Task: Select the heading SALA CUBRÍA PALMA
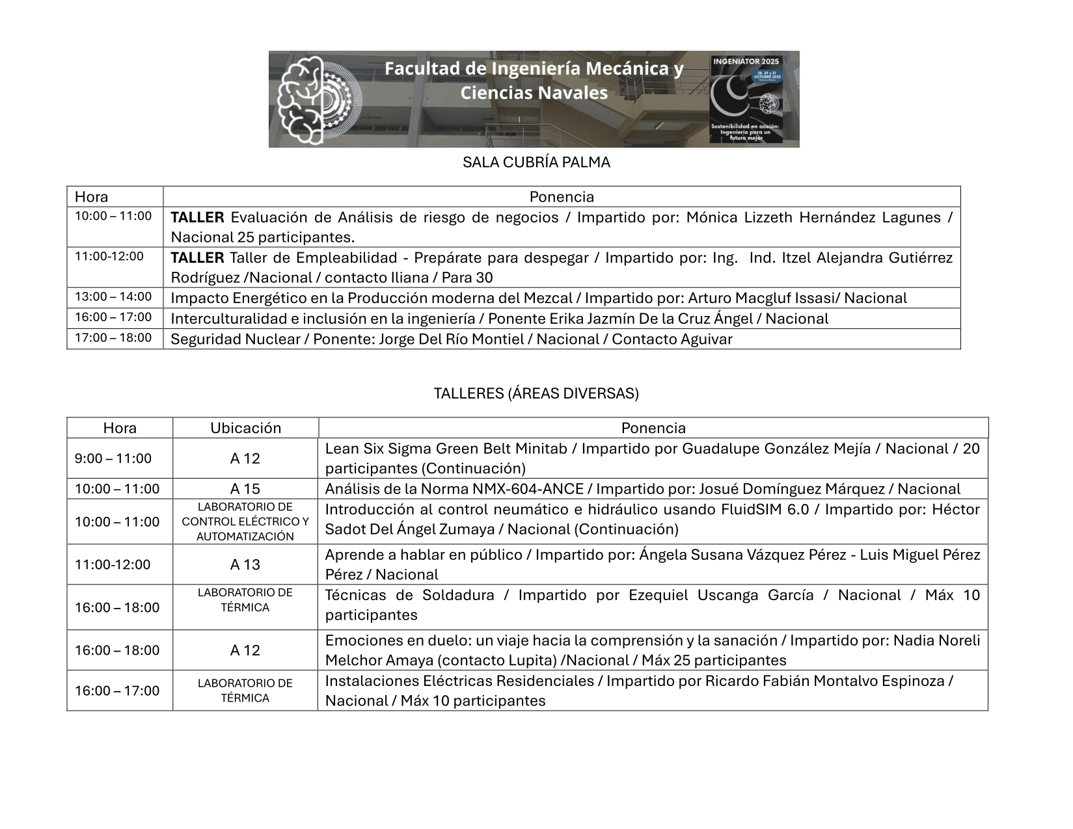point(536,163)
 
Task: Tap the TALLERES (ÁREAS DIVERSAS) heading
point(536,393)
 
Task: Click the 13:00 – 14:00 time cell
point(113,297)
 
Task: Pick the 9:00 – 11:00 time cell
point(113,458)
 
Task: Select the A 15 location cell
point(245,489)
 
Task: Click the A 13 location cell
point(245,564)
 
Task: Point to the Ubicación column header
point(245,428)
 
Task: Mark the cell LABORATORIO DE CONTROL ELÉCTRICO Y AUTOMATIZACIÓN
point(245,521)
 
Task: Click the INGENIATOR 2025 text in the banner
point(746,61)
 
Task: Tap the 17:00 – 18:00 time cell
point(113,338)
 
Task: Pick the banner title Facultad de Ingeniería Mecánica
point(534,69)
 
